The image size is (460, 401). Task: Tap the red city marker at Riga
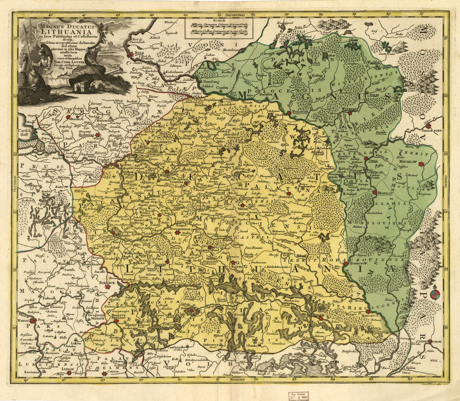[x=131, y=54]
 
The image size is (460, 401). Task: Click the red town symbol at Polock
[x=289, y=112]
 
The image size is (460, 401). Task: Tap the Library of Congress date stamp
[x=299, y=396]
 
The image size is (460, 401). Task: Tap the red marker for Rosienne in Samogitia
[x=97, y=135]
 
